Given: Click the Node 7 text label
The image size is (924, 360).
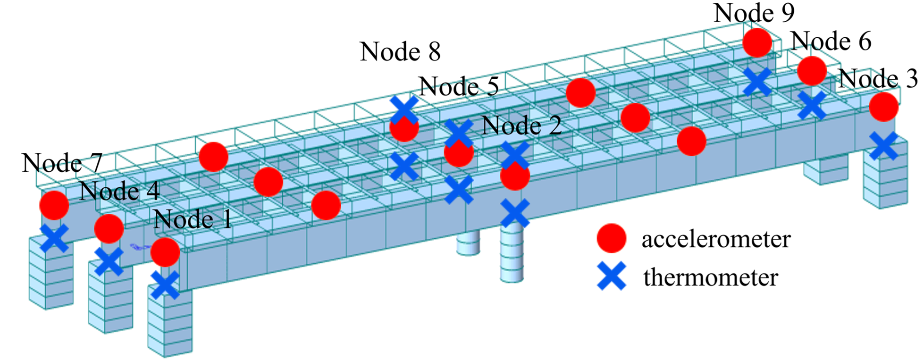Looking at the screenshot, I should click(62, 163).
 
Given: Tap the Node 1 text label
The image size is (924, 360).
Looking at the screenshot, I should click(193, 219).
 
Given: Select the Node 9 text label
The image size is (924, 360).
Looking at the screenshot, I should click(754, 13).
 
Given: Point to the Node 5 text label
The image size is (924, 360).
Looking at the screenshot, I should click(459, 87).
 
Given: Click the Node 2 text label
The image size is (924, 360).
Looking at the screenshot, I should click(521, 126).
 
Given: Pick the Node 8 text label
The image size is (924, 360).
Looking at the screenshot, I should click(400, 52).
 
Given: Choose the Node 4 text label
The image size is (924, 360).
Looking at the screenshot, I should click(119, 191).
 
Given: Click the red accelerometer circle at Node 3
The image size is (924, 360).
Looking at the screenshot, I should click(883, 107).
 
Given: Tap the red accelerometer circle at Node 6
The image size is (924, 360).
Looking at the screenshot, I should click(812, 71).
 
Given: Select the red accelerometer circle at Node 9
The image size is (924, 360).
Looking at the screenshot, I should click(757, 42).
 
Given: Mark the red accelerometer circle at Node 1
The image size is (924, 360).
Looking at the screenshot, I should click(165, 252).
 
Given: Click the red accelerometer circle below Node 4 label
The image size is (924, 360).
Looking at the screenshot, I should click(109, 228).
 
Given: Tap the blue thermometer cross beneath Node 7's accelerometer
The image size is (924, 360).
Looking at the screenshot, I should click(54, 237).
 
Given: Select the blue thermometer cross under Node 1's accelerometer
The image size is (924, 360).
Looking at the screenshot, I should click(165, 285).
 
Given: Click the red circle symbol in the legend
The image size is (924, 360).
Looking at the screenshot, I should click(611, 238).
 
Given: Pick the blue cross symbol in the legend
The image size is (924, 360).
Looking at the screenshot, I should click(612, 276).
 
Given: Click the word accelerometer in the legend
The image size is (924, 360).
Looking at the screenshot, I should click(716, 239).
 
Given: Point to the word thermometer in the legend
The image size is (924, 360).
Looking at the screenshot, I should click(710, 277).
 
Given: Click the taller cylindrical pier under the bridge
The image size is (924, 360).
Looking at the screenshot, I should click(512, 255).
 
